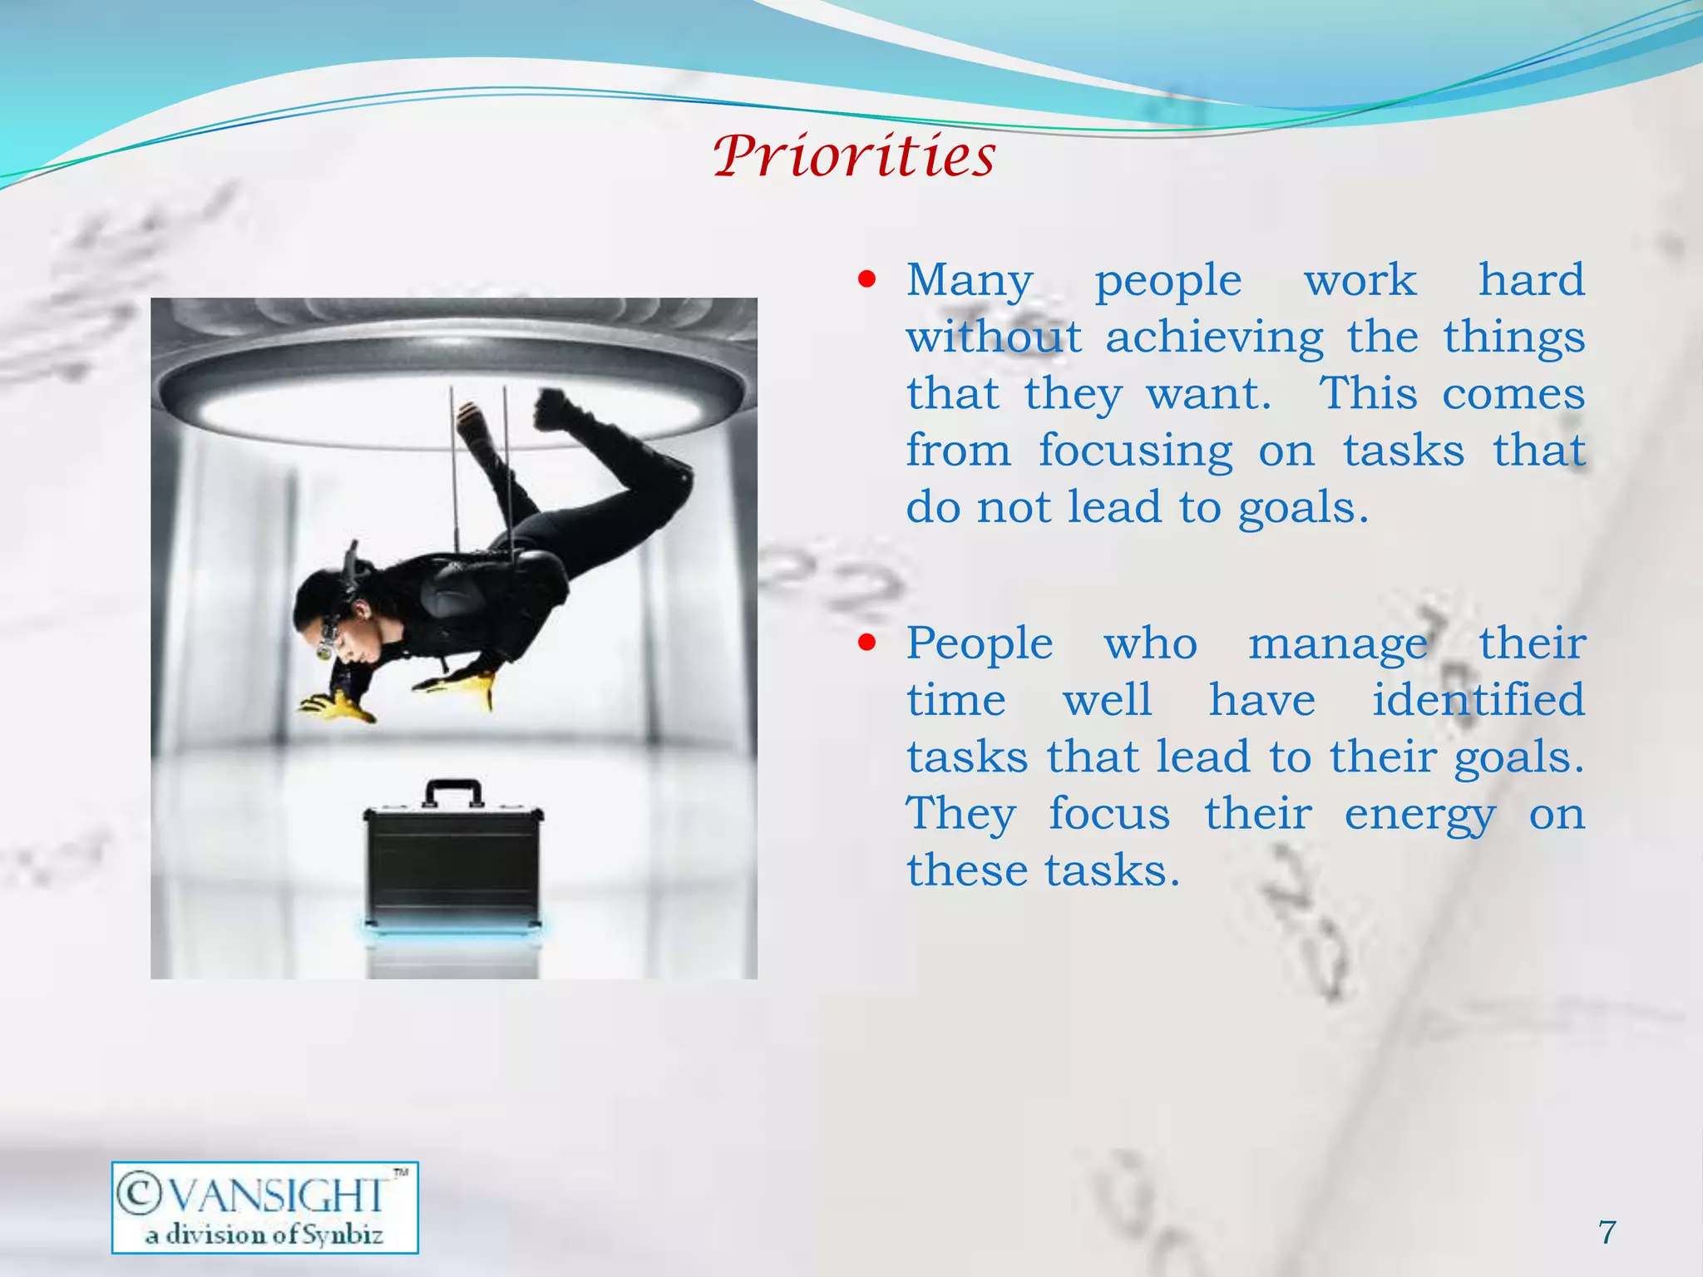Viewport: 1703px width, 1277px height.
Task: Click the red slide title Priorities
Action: [x=854, y=155]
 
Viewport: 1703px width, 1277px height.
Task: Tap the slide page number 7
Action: [x=1607, y=1231]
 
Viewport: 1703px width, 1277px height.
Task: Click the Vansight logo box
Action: [x=264, y=1207]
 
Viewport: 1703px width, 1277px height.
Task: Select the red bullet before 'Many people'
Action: [x=867, y=279]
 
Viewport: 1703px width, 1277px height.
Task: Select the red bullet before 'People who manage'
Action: [x=867, y=643]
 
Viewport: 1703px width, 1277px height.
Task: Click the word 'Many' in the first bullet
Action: [x=970, y=281]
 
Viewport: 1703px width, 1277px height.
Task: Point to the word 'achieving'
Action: [x=1214, y=338]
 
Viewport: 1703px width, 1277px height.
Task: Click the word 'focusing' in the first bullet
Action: [x=1135, y=452]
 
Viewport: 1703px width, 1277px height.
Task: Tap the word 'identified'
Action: [x=1478, y=699]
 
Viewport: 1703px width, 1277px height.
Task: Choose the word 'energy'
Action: [x=1419, y=815]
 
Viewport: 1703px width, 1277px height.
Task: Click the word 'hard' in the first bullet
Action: [x=1531, y=279]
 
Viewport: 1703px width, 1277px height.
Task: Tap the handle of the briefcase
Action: [x=453, y=791]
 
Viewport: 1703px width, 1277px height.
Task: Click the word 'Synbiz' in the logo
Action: [x=342, y=1235]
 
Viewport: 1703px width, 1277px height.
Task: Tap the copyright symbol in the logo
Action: [x=138, y=1194]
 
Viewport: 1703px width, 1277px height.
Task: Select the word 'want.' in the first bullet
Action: [x=1209, y=394]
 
